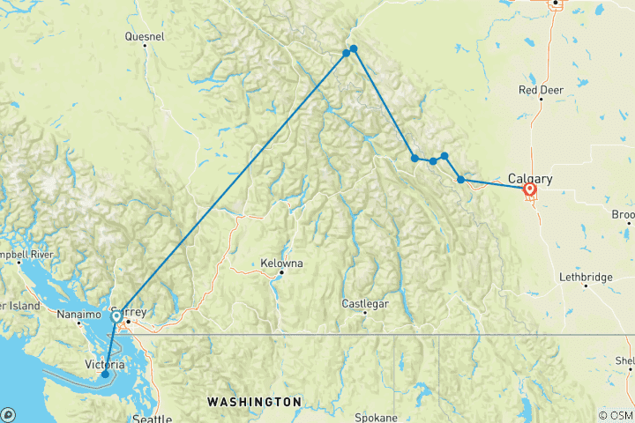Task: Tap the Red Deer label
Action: click(541, 90)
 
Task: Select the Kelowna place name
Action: click(282, 263)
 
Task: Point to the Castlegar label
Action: click(365, 304)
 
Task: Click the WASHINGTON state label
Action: click(254, 401)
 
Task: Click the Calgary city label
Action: click(530, 178)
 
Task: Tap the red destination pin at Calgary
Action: click(530, 189)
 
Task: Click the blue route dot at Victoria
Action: click(105, 375)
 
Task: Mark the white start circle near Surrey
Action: click(116, 315)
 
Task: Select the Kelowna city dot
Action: click(281, 272)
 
